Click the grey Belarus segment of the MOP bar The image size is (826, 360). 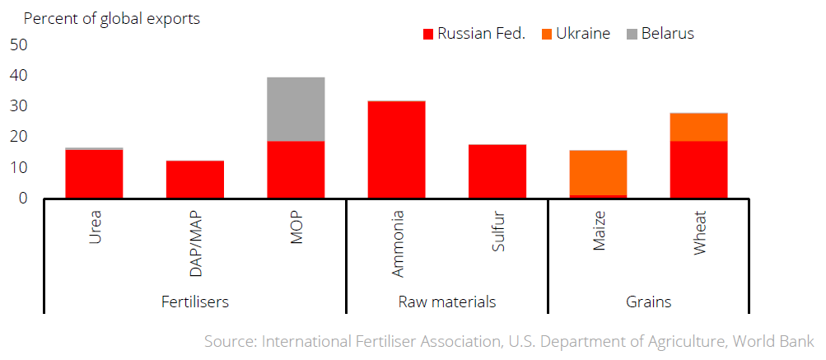[296, 109]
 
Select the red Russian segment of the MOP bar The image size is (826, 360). [296, 170]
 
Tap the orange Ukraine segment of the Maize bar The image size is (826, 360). [598, 173]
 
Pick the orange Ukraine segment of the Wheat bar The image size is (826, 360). [698, 127]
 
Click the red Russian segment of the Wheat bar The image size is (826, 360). [698, 170]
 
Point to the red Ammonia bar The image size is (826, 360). [397, 150]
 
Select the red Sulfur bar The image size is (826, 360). [497, 171]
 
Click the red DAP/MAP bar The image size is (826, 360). [195, 180]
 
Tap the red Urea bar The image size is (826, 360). [95, 174]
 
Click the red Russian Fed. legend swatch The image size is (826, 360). [428, 35]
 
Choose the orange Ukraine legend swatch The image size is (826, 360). [546, 35]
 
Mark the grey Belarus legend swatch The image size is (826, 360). [632, 35]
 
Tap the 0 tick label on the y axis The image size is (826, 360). [22, 199]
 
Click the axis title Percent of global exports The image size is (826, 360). [112, 18]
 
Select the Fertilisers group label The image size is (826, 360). [195, 302]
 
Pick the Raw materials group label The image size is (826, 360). [447, 302]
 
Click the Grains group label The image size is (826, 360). [648, 302]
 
